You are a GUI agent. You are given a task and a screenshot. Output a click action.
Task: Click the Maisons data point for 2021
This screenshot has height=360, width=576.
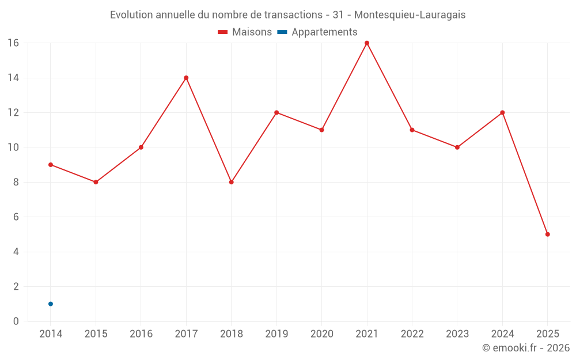367,43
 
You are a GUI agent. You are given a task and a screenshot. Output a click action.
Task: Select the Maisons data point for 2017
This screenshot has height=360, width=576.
186,78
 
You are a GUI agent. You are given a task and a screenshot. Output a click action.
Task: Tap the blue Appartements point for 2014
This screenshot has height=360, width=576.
51,304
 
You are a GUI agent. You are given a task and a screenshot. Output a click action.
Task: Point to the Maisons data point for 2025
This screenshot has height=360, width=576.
547,234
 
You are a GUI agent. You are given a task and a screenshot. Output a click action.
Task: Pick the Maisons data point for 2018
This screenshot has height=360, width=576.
232,182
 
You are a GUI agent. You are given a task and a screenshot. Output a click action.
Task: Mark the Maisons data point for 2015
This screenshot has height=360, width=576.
96,182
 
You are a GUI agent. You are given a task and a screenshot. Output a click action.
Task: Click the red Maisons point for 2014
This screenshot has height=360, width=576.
51,165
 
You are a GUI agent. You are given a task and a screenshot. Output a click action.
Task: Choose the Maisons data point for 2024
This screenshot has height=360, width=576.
502,112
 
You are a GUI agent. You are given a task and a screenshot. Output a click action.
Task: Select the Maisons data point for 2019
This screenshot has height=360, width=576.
276,112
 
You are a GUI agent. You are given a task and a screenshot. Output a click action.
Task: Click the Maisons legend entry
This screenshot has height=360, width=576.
245,32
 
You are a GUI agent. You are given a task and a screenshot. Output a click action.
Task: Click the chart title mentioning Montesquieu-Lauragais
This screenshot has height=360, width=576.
288,15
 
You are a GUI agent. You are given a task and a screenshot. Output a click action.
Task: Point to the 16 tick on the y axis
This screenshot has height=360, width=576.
13,43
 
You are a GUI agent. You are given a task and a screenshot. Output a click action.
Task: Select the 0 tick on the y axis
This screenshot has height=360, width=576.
16,321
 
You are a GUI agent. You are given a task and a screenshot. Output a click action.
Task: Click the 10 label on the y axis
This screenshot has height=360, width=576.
13,147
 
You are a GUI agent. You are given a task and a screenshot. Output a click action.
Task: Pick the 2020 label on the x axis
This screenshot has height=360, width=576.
321,334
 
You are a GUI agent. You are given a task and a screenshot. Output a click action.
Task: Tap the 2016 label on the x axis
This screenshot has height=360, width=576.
141,334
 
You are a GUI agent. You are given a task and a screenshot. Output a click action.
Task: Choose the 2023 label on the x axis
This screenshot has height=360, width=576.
457,334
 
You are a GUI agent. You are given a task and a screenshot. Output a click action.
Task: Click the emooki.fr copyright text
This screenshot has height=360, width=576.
525,348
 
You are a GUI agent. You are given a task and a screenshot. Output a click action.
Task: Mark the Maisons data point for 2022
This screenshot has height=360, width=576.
412,130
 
